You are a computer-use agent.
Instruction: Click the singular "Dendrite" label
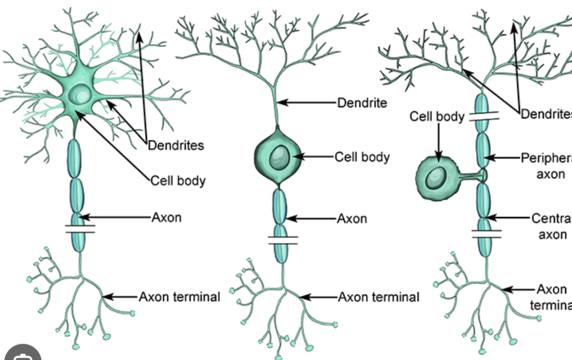362,103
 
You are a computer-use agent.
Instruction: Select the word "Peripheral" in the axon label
546,157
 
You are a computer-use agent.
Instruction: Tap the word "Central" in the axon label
551,218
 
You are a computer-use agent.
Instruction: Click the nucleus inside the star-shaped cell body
79,95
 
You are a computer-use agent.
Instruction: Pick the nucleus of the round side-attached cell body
435,178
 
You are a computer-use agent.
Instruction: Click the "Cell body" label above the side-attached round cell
437,117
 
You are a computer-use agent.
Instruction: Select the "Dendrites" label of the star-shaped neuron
176,145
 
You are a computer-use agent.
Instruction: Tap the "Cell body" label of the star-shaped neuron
178,181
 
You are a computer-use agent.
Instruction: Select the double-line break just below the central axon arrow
486,233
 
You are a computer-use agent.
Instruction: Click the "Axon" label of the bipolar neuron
352,219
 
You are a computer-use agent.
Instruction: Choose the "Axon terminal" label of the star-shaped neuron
179,297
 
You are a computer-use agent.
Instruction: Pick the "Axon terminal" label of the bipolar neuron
378,297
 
